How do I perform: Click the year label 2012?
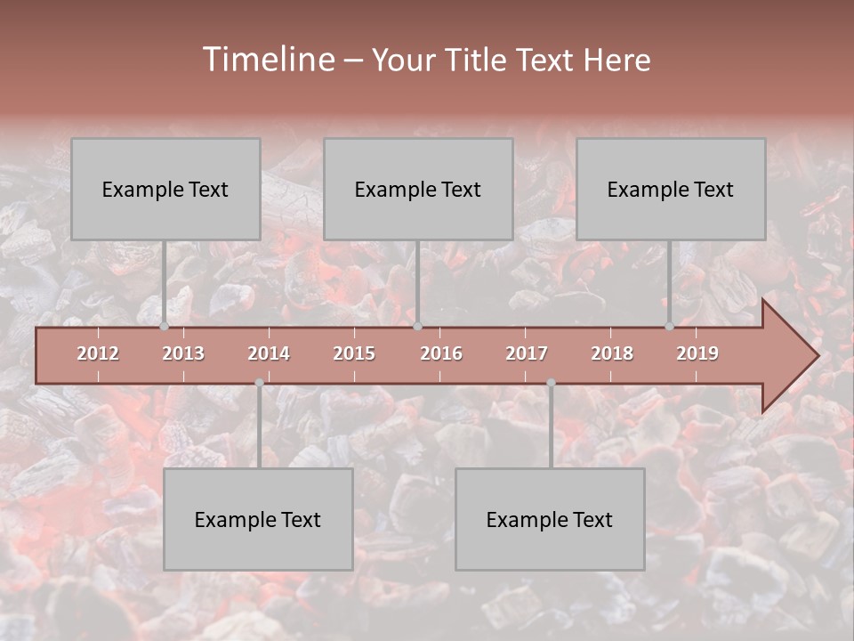tap(98, 353)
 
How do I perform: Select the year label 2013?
tap(183, 353)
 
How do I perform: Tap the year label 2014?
tap(269, 353)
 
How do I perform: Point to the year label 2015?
tap(354, 353)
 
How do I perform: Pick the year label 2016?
tap(441, 353)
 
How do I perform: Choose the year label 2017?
tap(527, 353)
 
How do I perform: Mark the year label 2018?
tap(612, 353)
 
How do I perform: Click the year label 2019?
tap(697, 353)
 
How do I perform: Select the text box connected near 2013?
tap(165, 189)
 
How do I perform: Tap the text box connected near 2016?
tap(418, 189)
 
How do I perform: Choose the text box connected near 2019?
tap(671, 189)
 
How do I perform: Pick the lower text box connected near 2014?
tap(258, 519)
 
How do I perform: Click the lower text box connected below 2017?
tap(550, 519)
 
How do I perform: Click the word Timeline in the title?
tap(267, 60)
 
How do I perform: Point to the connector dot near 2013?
tap(164, 327)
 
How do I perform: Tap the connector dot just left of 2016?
tap(417, 327)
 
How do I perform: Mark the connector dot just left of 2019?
tap(669, 327)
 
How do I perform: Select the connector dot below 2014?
tap(259, 383)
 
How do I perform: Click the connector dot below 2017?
tap(551, 383)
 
